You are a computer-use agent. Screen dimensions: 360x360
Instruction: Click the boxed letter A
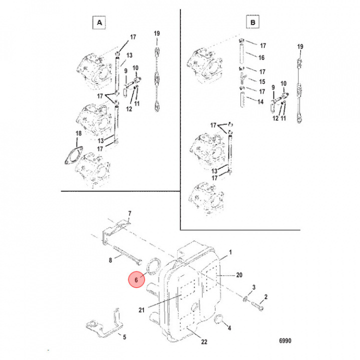click(x=99, y=22)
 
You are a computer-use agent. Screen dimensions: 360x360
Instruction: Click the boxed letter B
click(x=253, y=22)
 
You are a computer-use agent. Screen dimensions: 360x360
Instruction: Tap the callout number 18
click(x=77, y=133)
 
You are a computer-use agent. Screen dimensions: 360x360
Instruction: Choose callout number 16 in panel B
click(x=261, y=58)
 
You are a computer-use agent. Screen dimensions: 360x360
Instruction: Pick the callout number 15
click(x=261, y=81)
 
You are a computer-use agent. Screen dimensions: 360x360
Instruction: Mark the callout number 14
click(x=261, y=101)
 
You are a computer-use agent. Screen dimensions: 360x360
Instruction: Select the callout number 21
click(x=141, y=310)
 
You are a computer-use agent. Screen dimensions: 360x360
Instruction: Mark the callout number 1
click(x=230, y=253)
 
